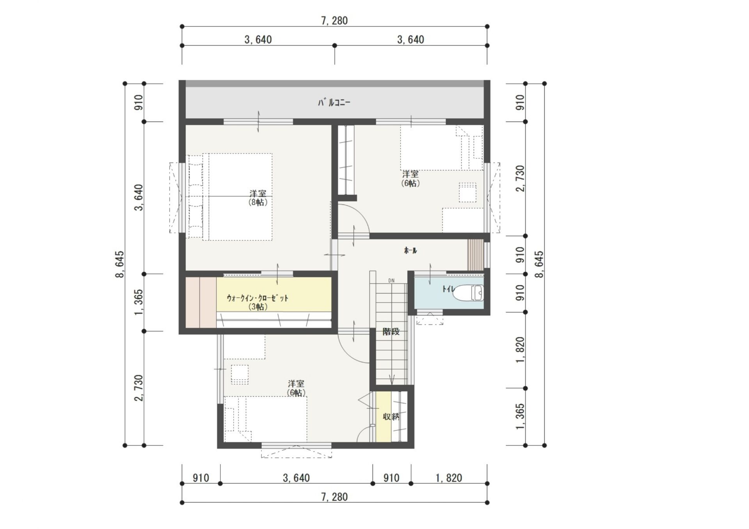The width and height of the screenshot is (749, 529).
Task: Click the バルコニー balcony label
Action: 334,103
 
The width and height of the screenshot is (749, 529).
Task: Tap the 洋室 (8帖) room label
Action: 258,198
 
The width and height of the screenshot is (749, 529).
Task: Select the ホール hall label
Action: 410,251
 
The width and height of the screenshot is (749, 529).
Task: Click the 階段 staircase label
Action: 391,332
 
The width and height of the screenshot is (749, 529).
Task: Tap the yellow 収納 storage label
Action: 391,417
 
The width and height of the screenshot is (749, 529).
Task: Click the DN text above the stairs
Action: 391,281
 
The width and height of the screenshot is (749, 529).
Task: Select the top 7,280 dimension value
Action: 334,21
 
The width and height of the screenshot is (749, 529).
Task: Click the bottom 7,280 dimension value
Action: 334,497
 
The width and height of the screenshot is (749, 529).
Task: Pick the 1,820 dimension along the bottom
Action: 449,478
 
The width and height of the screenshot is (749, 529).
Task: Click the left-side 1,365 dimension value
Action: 138,303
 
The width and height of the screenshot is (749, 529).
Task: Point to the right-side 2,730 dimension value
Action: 520,179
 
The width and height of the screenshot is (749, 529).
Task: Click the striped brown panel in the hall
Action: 476,255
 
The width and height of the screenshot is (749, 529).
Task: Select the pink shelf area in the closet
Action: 201,302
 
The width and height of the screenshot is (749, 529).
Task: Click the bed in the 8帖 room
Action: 230,196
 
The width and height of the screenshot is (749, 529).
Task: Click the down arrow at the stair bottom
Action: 392,379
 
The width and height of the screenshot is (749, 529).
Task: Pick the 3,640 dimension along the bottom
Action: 296,478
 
